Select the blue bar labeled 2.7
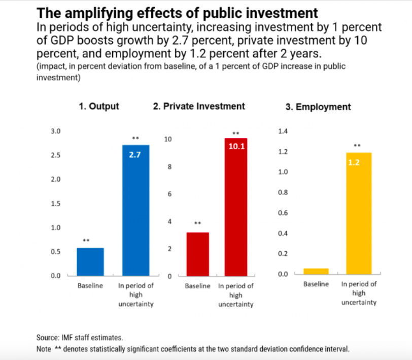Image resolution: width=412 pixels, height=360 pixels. pyautogui.click(x=136, y=210)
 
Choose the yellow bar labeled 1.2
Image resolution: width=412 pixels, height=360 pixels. pyautogui.click(x=359, y=213)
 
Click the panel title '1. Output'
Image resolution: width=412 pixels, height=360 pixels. pyautogui.click(x=99, y=106)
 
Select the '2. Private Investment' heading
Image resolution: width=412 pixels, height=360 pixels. pyautogui.click(x=199, y=106)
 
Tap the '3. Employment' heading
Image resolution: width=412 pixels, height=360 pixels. pyautogui.click(x=323, y=107)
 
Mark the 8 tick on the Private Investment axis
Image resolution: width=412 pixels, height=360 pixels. pyautogui.click(x=169, y=167)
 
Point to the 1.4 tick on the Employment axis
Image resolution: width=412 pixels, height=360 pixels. pyautogui.click(x=283, y=132)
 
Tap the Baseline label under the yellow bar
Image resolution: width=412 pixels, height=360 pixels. pyautogui.click(x=316, y=284)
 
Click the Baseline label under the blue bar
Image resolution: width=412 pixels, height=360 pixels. pyautogui.click(x=90, y=286)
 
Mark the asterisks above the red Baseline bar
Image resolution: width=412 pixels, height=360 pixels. pyautogui.click(x=197, y=223)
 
